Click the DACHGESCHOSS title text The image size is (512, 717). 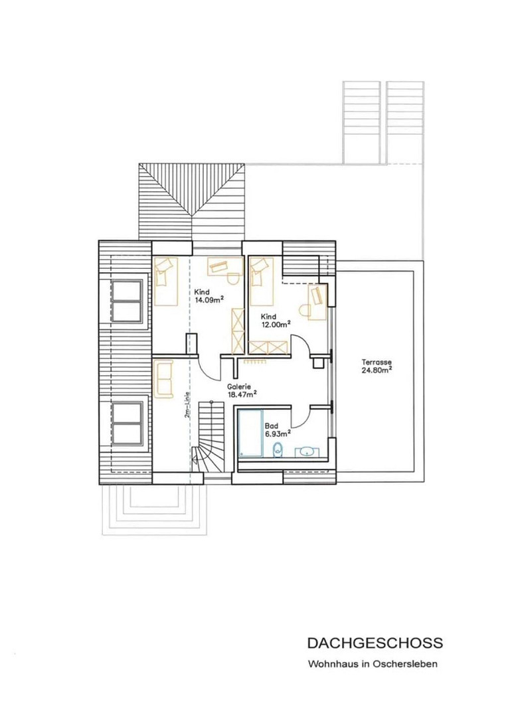(x=375, y=643)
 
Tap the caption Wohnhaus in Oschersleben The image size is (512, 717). (x=373, y=664)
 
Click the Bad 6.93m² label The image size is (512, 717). (x=278, y=430)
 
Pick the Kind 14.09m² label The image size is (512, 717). (x=209, y=295)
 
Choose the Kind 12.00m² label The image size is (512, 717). (x=276, y=320)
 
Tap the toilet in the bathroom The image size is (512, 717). (x=278, y=450)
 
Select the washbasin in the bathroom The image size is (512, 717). (x=305, y=452)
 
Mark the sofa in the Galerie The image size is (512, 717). (x=163, y=379)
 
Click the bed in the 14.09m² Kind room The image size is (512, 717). (x=165, y=281)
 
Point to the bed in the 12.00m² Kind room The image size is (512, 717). (x=262, y=281)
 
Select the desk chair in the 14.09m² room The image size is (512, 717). (x=233, y=279)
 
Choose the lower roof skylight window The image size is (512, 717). (x=126, y=422)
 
